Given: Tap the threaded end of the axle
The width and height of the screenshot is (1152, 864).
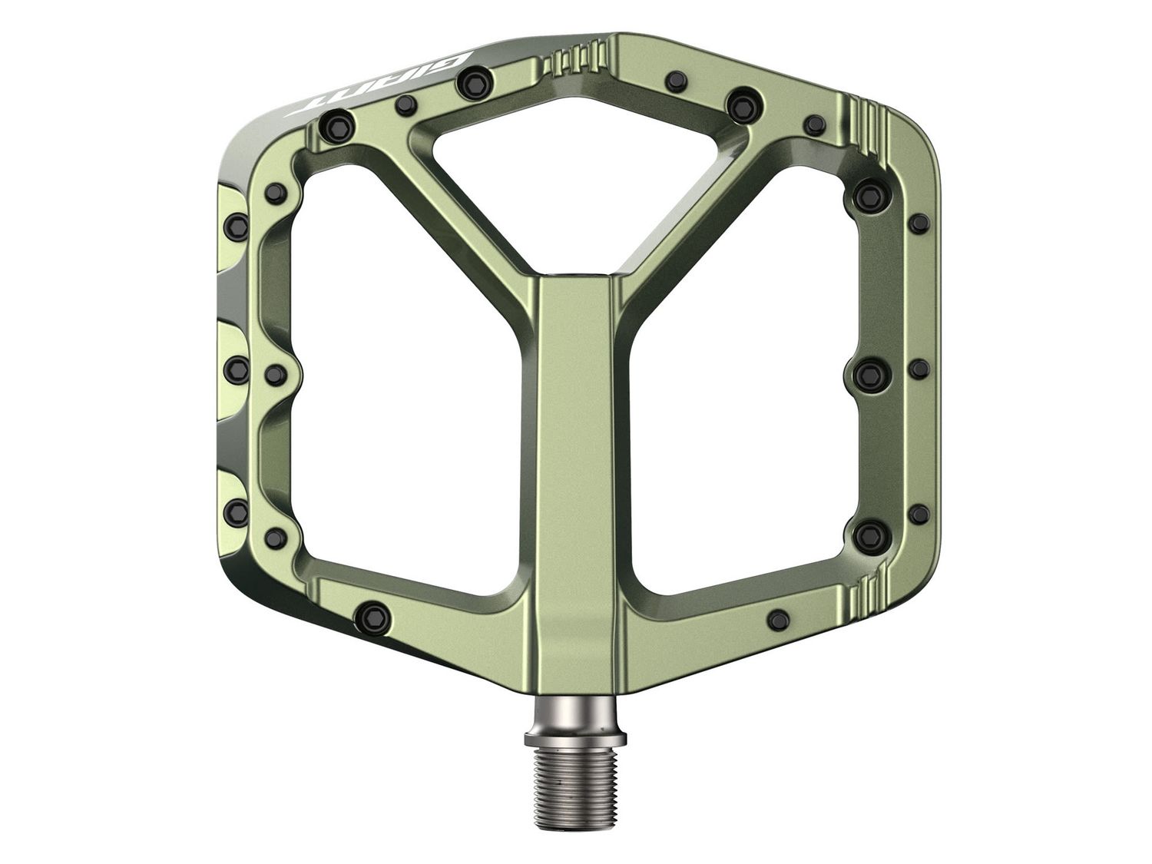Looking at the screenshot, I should (x=575, y=776).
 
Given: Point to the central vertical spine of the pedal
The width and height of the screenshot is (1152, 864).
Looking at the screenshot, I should (x=575, y=461).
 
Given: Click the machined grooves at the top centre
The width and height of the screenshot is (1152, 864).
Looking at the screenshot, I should (x=575, y=61).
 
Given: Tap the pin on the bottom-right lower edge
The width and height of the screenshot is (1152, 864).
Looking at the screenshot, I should (x=778, y=616).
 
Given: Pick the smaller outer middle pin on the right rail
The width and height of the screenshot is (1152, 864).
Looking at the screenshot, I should (x=918, y=369).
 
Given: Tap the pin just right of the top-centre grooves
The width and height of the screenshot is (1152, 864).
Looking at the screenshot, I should (x=677, y=79).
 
